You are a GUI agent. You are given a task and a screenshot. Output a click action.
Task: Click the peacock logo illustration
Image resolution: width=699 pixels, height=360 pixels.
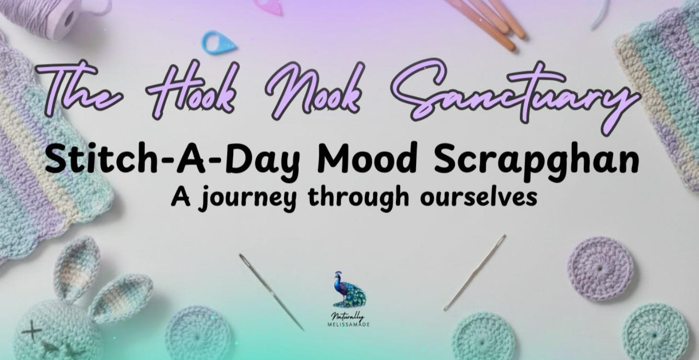(x=349, y=290)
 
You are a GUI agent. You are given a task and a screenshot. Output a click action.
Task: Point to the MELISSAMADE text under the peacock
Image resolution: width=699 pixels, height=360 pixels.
(x=349, y=324)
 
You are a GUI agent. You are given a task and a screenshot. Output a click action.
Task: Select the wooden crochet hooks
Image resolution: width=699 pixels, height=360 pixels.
(x=488, y=22)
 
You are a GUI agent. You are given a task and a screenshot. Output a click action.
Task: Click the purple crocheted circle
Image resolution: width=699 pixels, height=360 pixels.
(x=600, y=268)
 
